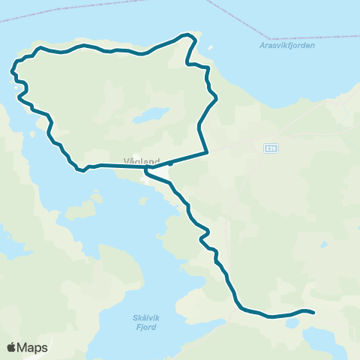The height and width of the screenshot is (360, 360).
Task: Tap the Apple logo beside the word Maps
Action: click(x=12, y=347)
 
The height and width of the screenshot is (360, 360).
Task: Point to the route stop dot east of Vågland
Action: click(x=171, y=162)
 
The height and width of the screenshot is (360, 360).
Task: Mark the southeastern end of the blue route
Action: click(x=313, y=312)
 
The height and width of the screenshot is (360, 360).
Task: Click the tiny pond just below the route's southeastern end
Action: click(x=292, y=323)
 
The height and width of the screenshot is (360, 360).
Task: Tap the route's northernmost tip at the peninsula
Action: click(x=184, y=34)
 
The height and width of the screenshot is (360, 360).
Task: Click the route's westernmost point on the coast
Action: click(x=13, y=72)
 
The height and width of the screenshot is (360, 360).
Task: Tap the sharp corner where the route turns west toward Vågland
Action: click(x=206, y=153)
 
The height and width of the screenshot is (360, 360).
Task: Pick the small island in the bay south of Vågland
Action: click(x=95, y=200)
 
